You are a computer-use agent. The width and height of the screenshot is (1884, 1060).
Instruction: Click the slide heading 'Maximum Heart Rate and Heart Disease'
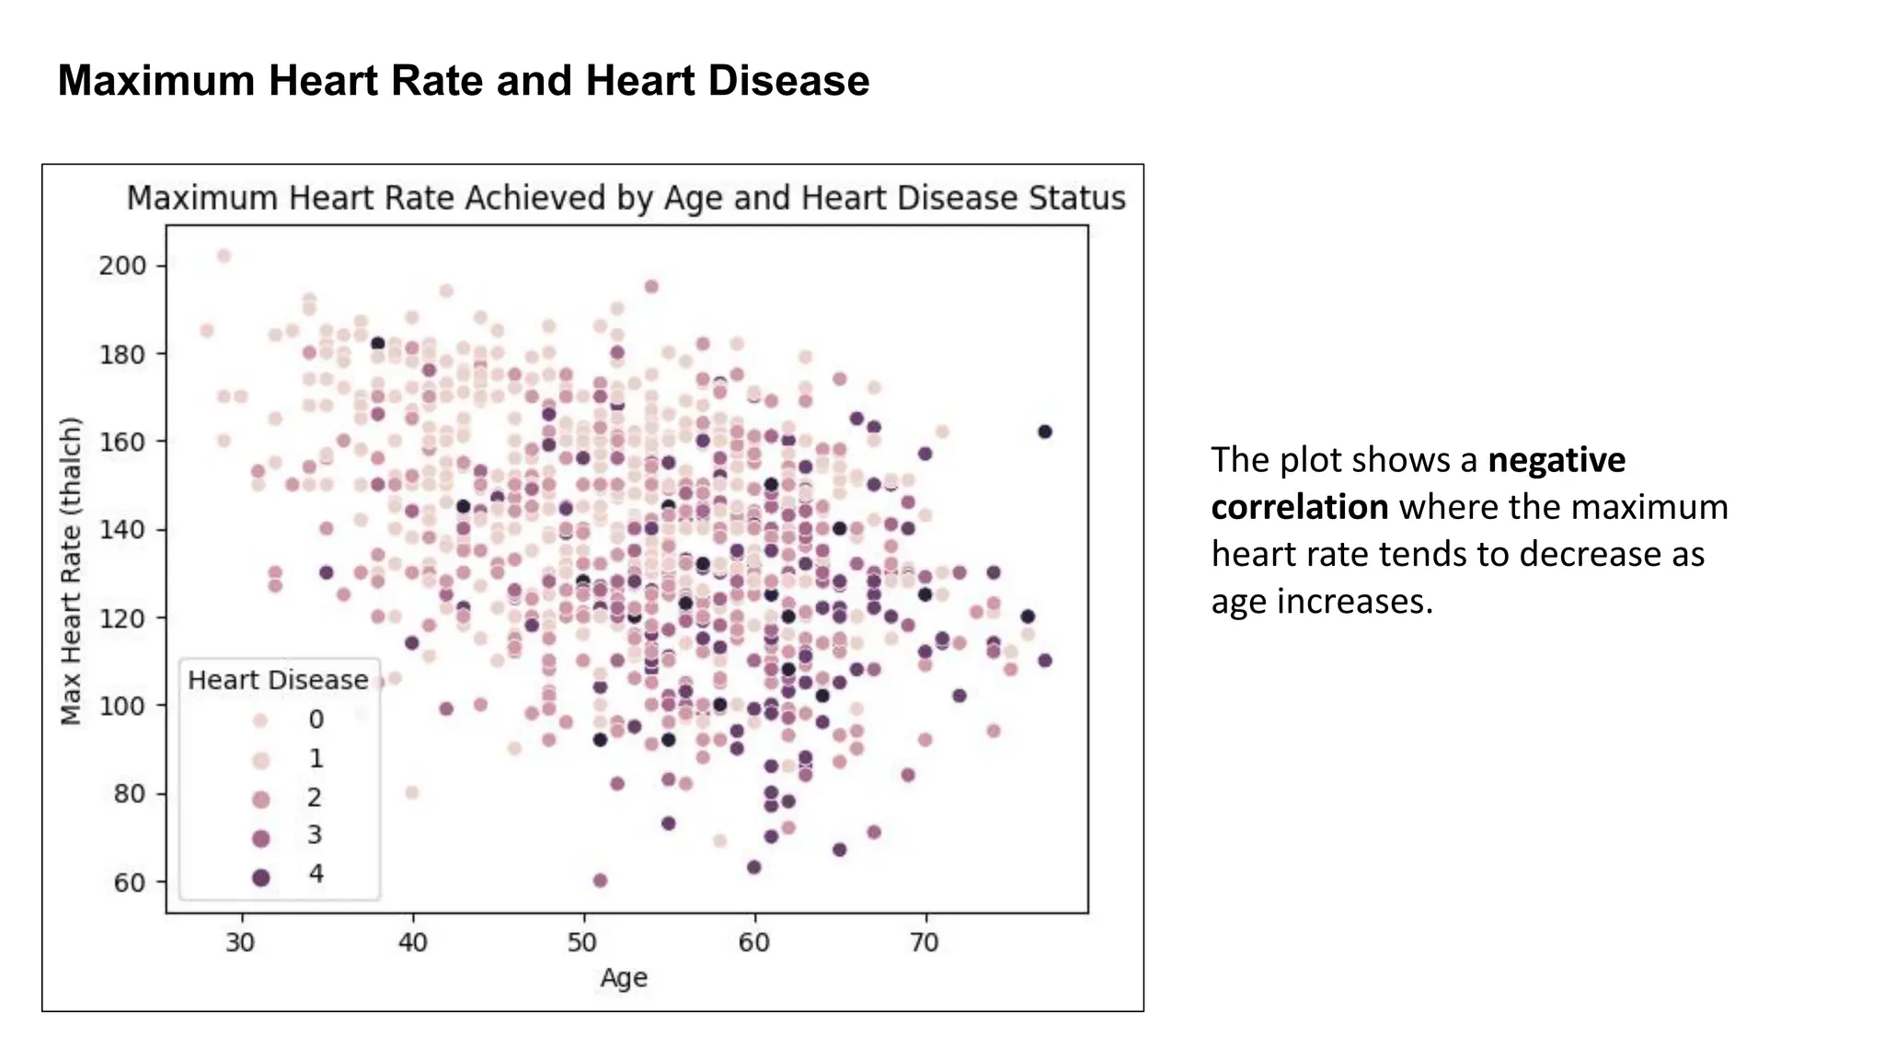(x=463, y=81)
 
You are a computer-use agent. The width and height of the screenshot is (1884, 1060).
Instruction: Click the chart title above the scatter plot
(x=626, y=199)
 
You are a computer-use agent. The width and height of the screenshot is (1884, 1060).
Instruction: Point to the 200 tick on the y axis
(x=122, y=266)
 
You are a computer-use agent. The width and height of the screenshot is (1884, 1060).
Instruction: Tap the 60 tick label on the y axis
(x=129, y=882)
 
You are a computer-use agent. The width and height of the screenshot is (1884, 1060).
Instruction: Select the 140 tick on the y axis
(x=122, y=530)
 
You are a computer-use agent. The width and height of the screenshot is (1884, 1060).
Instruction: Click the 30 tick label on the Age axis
(x=241, y=942)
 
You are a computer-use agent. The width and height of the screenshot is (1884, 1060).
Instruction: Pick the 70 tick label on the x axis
(x=925, y=942)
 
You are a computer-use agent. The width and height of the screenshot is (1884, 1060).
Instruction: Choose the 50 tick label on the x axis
(x=582, y=942)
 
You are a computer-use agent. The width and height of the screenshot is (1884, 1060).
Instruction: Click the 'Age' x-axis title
(x=624, y=977)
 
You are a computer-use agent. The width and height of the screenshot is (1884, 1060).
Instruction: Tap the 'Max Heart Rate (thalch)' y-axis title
(x=72, y=570)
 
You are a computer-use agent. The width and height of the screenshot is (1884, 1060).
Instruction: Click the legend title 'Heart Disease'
(x=278, y=680)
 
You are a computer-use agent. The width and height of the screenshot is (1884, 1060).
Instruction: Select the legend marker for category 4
(x=261, y=877)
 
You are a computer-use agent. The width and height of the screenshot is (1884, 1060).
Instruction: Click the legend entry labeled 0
(x=316, y=720)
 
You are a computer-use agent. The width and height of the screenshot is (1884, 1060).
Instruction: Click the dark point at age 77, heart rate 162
(x=1044, y=432)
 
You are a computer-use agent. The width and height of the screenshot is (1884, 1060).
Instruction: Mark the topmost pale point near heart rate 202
(x=224, y=256)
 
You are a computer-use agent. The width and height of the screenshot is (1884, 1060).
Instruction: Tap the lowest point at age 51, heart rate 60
(x=600, y=881)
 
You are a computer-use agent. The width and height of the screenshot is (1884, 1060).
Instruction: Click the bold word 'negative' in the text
(x=1557, y=460)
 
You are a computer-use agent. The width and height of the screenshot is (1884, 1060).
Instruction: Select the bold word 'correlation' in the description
(x=1299, y=507)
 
